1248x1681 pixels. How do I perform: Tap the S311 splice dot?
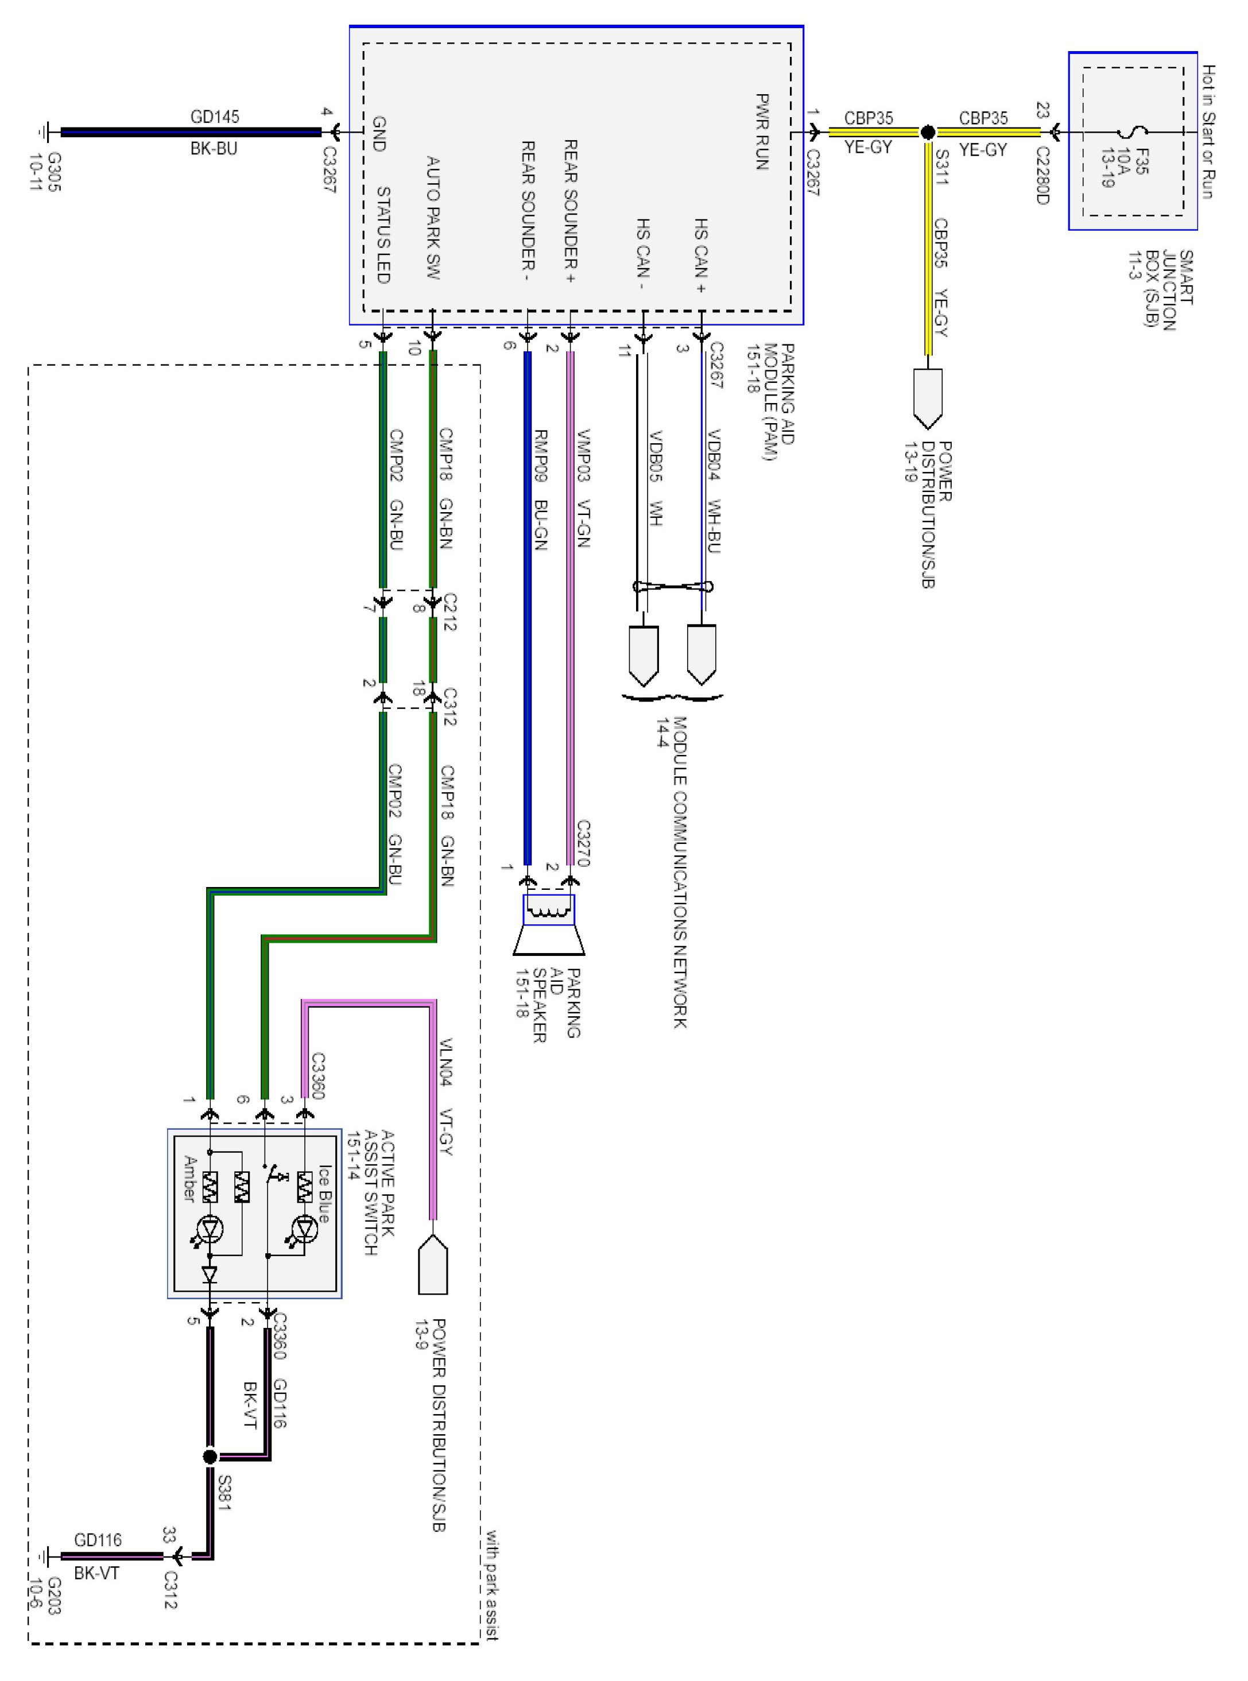click(x=928, y=133)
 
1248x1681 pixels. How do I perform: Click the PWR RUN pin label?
click(x=762, y=131)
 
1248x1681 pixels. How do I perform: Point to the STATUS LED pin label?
click(x=383, y=235)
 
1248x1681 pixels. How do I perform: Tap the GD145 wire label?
click(x=215, y=117)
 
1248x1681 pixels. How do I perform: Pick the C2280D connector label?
click(x=1042, y=175)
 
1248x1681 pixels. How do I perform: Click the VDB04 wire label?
click(x=714, y=454)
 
